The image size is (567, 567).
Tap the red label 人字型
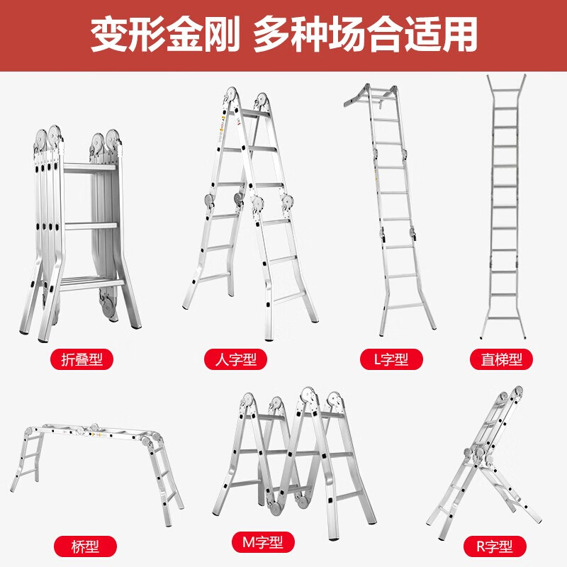click(235, 359)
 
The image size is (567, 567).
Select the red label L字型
click(391, 359)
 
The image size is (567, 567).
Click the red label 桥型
click(85, 546)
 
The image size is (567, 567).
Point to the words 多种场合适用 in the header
click(365, 34)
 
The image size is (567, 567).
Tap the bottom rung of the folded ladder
click(89, 283)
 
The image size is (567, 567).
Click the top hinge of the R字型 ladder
click(515, 395)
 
